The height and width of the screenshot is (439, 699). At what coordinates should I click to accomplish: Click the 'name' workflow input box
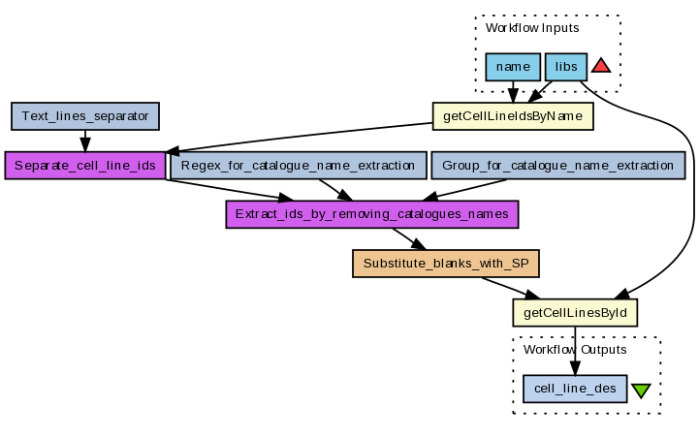point(512,67)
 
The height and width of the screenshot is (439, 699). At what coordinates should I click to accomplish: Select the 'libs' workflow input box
point(565,67)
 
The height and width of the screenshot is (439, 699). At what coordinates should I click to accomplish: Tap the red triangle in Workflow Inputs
point(600,66)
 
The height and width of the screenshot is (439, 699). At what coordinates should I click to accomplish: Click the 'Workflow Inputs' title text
point(531,28)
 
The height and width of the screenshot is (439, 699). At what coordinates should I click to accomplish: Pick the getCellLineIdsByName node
point(512,116)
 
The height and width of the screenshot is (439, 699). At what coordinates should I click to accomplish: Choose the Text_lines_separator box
point(85,116)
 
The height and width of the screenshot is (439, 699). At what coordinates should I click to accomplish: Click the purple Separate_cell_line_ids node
point(85,165)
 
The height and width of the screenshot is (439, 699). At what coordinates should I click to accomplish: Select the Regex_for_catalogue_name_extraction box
point(298,165)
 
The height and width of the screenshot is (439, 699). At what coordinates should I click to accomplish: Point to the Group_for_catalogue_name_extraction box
point(557,165)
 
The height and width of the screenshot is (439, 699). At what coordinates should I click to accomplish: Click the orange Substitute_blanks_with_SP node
point(445,263)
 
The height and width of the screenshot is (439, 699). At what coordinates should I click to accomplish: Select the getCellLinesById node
point(574,312)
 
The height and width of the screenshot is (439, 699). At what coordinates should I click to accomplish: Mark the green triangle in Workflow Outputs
point(641,391)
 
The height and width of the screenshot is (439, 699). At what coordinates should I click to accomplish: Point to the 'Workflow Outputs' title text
point(575,350)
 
